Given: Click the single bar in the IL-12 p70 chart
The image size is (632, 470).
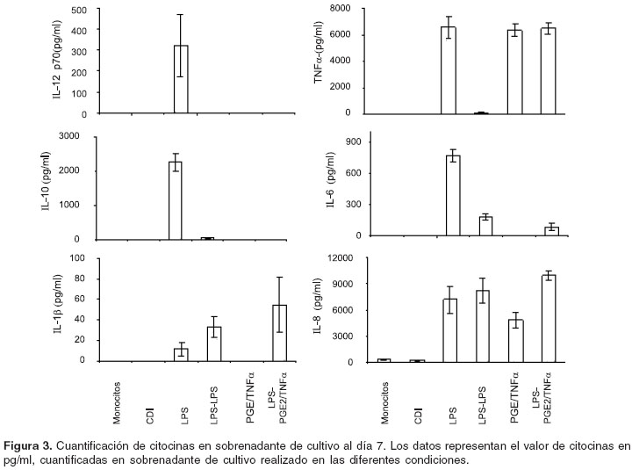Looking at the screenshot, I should point(180,79).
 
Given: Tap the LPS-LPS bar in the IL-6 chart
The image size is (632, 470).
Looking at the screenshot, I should point(485,226).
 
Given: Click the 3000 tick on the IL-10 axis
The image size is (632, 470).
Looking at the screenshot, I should point(78,136).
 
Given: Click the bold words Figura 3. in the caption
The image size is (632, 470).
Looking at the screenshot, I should point(32,445).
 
